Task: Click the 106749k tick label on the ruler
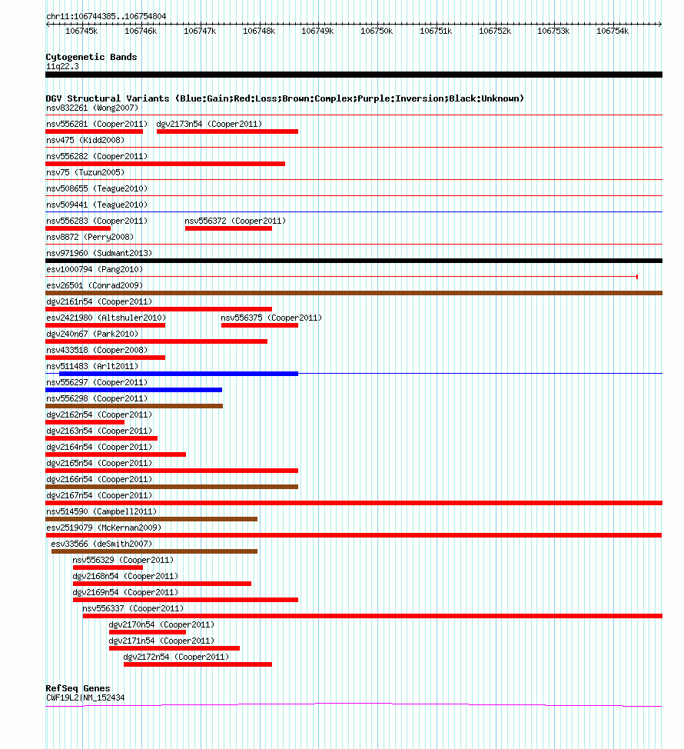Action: pos(317,31)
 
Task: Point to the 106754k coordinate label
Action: pos(613,31)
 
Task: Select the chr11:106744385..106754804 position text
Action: pos(106,16)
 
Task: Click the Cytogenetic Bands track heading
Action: pos(91,57)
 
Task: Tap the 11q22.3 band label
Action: pos(62,66)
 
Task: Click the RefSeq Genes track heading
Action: pos(78,688)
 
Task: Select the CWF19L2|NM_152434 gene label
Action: pos(85,697)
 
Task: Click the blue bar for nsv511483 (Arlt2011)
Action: pos(178,374)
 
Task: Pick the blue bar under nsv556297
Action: pos(134,390)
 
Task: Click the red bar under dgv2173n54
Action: pos(227,131)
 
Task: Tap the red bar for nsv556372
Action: pos(228,228)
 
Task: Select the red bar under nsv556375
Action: pos(260,325)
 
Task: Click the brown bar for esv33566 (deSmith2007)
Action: pos(154,551)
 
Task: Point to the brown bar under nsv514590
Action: pos(151,519)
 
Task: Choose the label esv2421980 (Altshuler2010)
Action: pos(106,318)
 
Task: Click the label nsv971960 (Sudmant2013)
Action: pos(99,253)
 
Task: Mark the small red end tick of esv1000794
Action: pos(637,277)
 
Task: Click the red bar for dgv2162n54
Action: pos(85,422)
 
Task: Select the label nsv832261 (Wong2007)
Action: pos(92,108)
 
